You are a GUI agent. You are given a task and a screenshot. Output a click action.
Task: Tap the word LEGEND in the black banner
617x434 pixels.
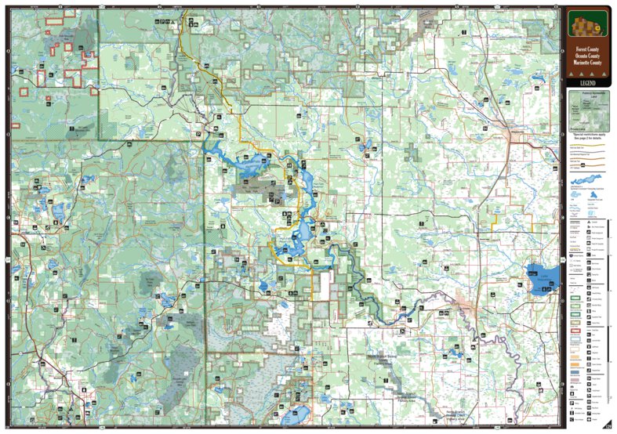tap(587, 81)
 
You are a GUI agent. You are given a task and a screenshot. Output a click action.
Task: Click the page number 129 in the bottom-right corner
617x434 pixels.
tap(607, 425)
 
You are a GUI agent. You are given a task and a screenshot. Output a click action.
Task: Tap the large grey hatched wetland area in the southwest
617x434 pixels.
tap(184, 360)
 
